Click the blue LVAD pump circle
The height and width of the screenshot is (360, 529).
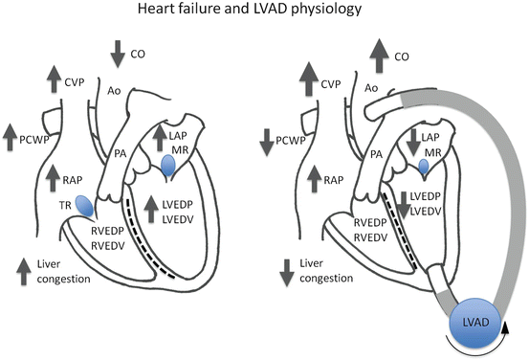coord(469,325)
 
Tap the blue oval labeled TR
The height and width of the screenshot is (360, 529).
coord(85,206)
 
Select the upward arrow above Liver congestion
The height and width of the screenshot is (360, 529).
coord(21,266)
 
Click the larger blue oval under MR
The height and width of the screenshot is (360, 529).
coord(169,167)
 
